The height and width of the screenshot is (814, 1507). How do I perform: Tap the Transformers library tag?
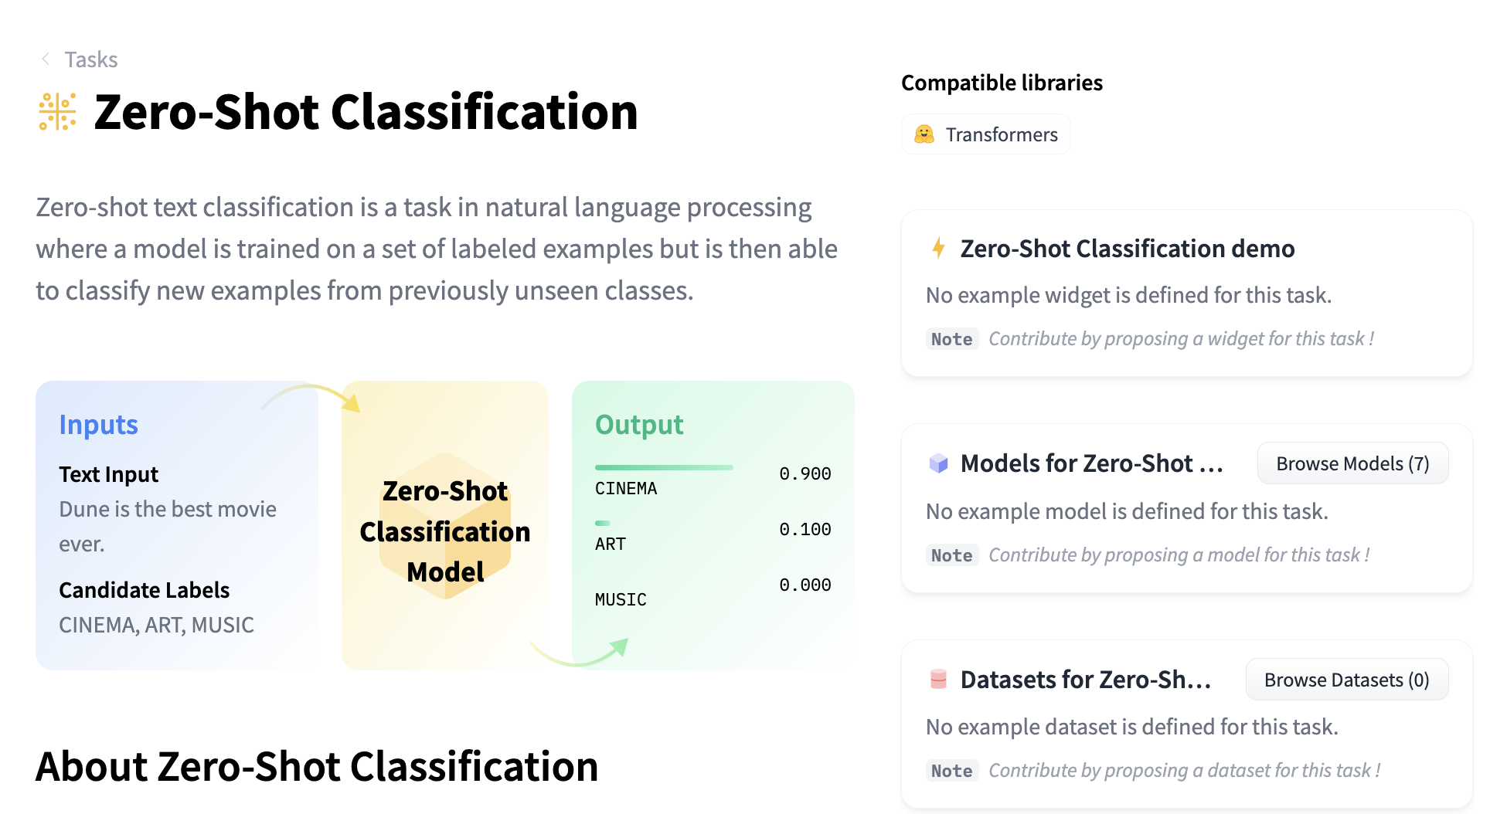985,134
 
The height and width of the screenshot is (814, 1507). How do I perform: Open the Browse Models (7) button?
1352,463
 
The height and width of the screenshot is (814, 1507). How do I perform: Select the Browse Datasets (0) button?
1346,680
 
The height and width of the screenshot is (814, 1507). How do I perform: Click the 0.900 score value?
805,473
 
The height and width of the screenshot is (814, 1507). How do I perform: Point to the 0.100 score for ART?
805,529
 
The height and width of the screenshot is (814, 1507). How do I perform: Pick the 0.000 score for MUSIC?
805,585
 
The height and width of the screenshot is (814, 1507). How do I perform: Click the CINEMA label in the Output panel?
626,488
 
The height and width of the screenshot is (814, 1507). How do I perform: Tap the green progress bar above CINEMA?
664,467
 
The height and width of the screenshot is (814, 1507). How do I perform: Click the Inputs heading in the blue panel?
98,425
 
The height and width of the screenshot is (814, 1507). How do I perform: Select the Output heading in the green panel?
639,425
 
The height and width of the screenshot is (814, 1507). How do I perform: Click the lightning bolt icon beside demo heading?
938,248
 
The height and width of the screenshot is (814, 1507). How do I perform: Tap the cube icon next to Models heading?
938,463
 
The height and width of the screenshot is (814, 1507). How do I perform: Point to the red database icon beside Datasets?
938,680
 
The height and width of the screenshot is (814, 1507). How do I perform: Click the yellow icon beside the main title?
57,112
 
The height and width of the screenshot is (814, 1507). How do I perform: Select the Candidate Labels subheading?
145,590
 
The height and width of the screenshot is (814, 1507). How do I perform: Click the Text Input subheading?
108,474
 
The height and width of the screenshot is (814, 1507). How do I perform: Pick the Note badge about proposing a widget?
951,339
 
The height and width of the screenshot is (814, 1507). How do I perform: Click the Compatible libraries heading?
1002,83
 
